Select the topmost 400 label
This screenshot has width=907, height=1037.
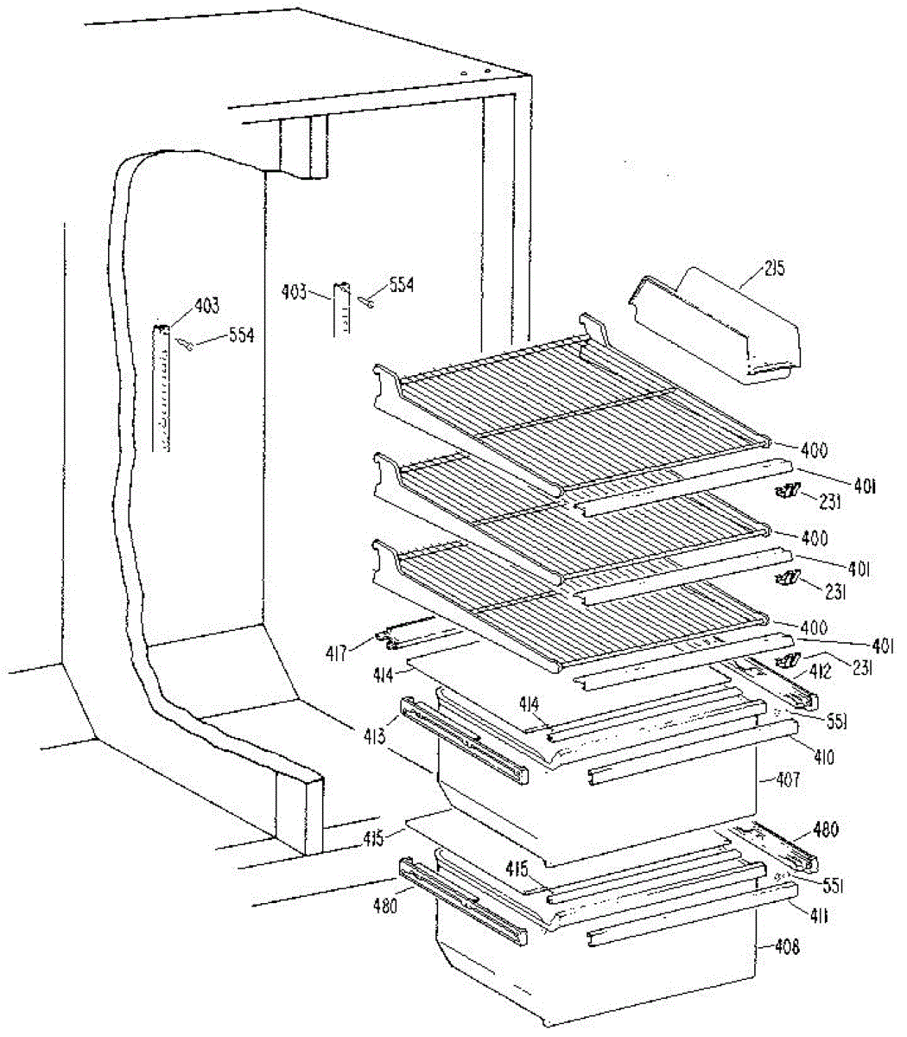click(814, 450)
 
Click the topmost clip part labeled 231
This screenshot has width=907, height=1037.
click(787, 493)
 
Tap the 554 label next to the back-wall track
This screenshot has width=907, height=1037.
click(399, 284)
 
